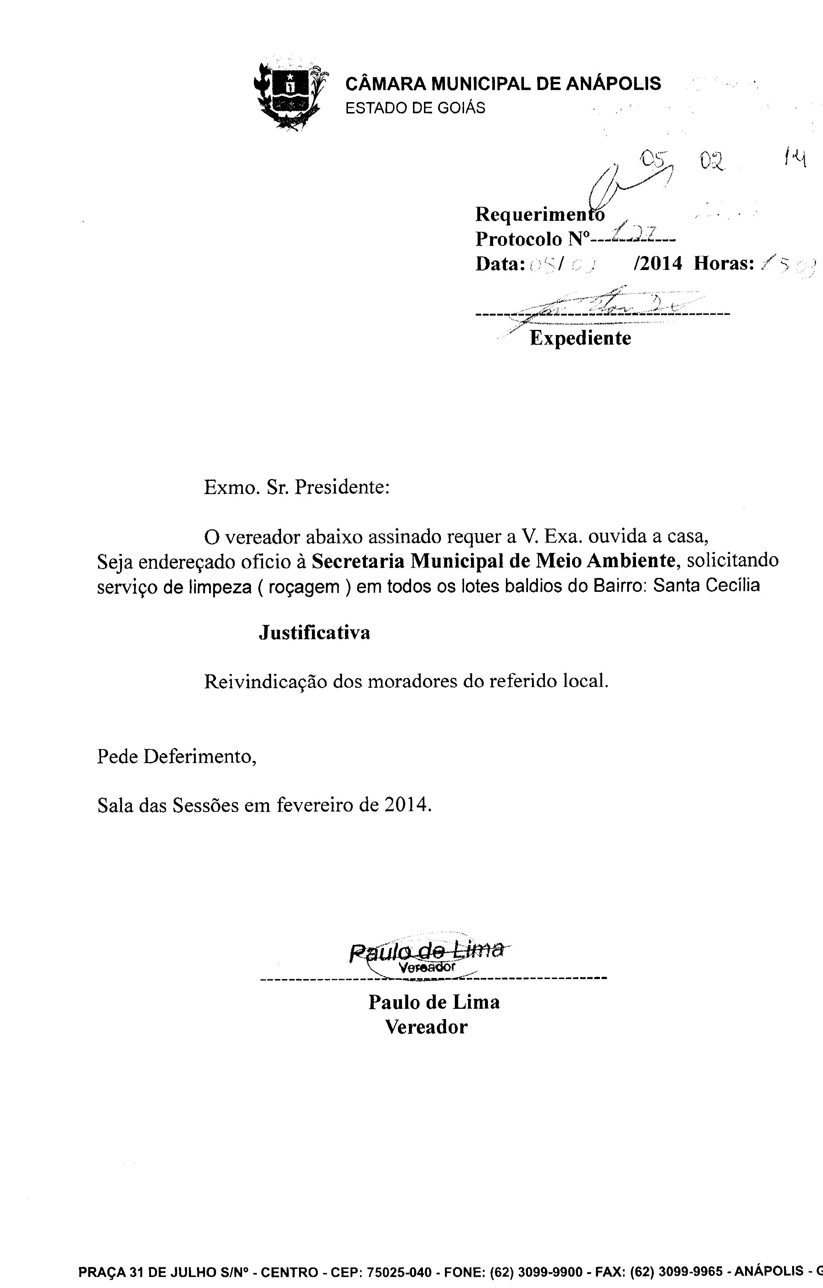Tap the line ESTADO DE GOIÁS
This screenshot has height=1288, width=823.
tap(415, 108)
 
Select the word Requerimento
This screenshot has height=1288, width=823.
tap(539, 215)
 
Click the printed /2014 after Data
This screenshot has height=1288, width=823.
tap(657, 263)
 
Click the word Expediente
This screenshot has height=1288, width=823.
tap(580, 338)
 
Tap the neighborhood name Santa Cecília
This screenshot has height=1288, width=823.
tap(706, 585)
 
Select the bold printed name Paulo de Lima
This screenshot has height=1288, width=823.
tap(434, 1002)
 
